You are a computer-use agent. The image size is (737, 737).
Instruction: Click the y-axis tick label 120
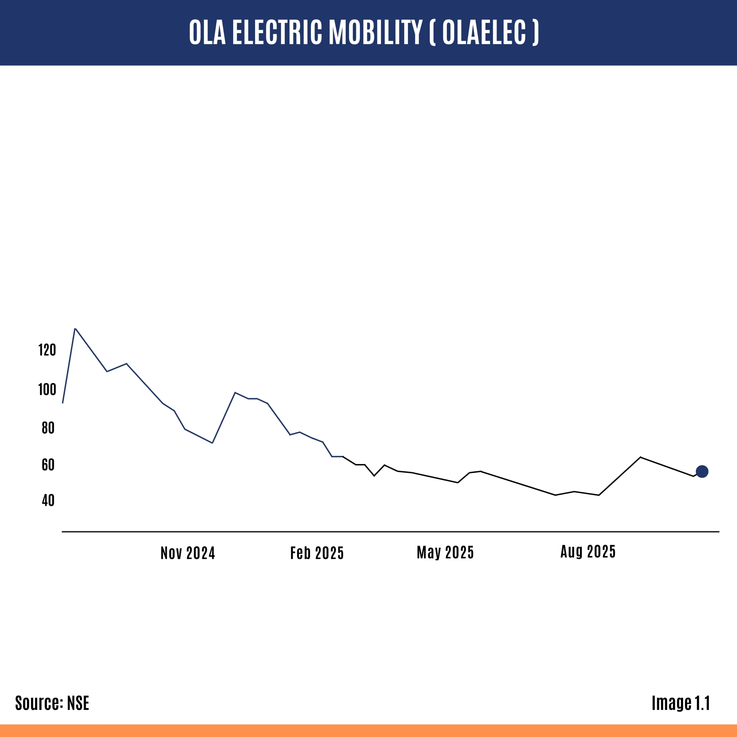coord(47,350)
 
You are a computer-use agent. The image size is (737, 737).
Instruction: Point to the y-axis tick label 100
coord(47,390)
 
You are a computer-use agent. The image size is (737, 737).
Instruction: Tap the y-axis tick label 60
coord(48,465)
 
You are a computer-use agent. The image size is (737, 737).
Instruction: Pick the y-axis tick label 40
coord(48,500)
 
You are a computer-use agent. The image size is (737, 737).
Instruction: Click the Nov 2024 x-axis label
coord(188,553)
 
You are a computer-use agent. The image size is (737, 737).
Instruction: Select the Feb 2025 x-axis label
coord(317,553)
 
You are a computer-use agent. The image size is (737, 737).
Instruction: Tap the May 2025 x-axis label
coord(445,552)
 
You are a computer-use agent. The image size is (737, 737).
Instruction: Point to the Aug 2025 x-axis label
coord(588,552)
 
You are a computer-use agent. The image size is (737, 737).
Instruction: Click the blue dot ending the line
coord(702,472)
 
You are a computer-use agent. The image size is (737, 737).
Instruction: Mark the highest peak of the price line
coord(75,328)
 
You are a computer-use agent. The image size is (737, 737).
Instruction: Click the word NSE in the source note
coord(78,703)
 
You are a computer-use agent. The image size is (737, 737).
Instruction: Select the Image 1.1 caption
coord(681,703)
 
